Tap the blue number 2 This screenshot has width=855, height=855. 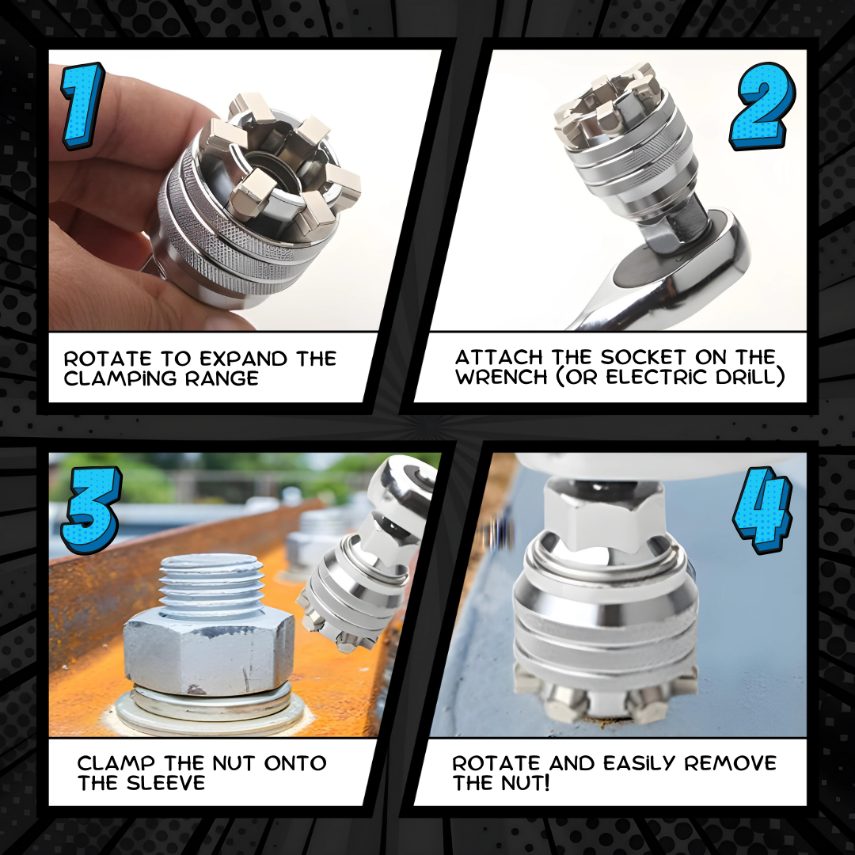click(762, 106)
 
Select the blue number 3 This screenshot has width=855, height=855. click(91, 510)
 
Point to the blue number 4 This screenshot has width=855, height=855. click(762, 510)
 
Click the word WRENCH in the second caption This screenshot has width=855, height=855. click(501, 377)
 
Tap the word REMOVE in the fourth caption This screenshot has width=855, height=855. click(731, 763)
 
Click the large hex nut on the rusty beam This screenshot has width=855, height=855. click(209, 652)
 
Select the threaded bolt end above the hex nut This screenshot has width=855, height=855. click(211, 583)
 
